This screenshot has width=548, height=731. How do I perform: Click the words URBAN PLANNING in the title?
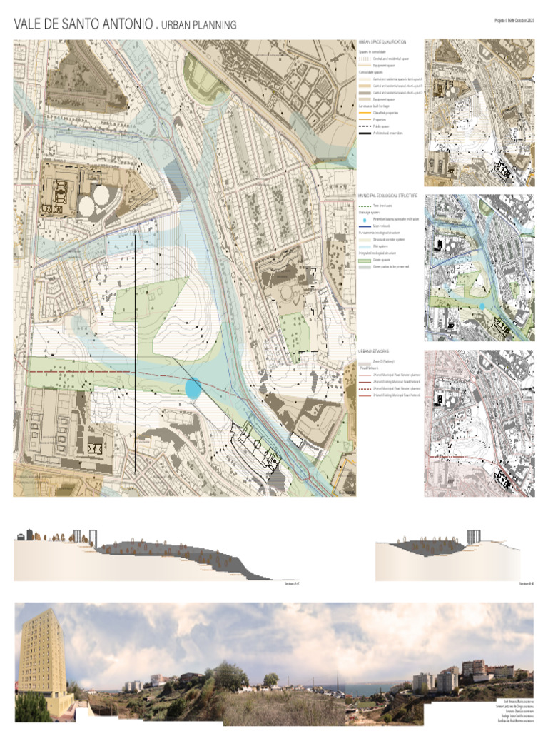[x=199, y=26]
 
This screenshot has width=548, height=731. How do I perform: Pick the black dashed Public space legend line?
[x=364, y=126]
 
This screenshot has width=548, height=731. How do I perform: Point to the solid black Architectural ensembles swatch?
[x=364, y=133]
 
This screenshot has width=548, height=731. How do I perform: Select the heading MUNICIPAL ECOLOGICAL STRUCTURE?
[x=387, y=195]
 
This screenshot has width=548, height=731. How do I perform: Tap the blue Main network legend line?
[x=364, y=226]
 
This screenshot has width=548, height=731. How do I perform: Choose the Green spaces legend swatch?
[x=364, y=260]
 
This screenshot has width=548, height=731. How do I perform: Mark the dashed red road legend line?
[x=364, y=388]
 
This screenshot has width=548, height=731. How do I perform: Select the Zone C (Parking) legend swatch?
[x=364, y=363]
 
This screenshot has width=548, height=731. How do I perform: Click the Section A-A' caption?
[x=291, y=583]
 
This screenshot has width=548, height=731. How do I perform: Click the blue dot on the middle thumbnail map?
[x=482, y=307]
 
